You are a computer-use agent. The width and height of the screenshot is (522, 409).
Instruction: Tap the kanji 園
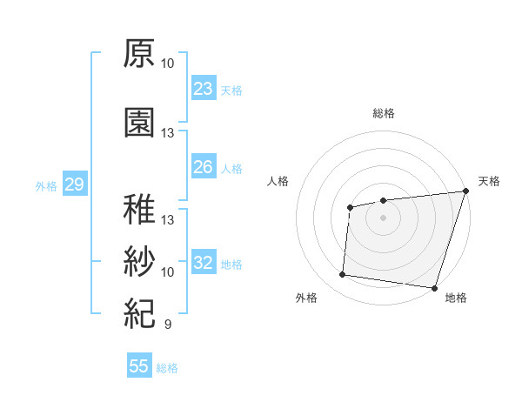139,123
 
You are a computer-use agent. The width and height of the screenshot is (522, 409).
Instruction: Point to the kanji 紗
139,260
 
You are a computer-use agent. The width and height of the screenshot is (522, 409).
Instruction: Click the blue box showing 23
203,89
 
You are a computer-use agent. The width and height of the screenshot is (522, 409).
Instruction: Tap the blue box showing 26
203,167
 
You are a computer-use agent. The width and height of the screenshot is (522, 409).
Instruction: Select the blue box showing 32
203,264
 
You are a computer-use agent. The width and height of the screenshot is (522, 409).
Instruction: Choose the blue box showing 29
73,184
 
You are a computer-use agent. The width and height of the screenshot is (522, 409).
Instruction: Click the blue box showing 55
139,366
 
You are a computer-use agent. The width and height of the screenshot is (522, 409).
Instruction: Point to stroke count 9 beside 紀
168,325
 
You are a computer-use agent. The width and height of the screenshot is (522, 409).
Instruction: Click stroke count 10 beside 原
168,64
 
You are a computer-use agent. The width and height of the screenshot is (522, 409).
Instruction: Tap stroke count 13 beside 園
168,133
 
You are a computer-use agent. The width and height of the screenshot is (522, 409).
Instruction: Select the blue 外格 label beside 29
46,185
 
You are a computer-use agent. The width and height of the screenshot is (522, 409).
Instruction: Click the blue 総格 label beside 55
167,368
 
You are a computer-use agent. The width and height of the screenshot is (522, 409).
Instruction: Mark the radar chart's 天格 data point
466,191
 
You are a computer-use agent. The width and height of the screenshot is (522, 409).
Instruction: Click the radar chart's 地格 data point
434,288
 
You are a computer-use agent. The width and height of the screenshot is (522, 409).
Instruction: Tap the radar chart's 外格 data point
342,275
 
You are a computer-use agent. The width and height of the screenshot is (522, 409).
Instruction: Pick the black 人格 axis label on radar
278,181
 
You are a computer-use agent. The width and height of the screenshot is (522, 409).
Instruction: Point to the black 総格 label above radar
383,113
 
